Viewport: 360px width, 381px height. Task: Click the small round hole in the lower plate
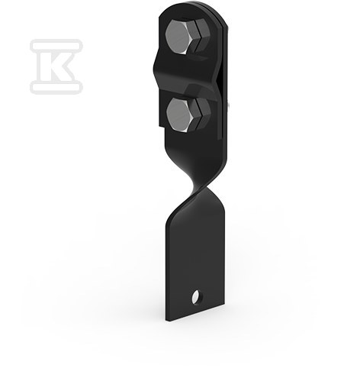196,297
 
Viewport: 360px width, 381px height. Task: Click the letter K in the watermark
56,66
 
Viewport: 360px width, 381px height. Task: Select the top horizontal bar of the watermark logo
56,44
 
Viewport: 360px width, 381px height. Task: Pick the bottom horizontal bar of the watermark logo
56,87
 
